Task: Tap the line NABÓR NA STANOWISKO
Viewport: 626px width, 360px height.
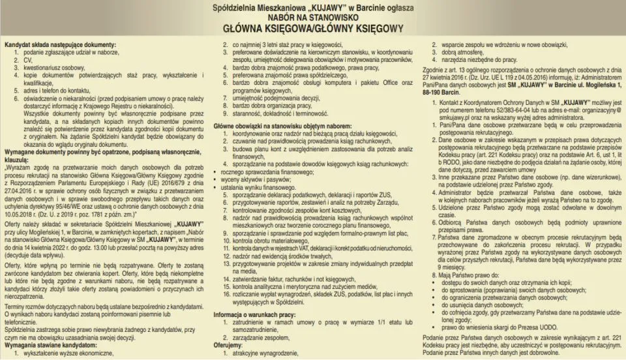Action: click(x=313, y=17)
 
